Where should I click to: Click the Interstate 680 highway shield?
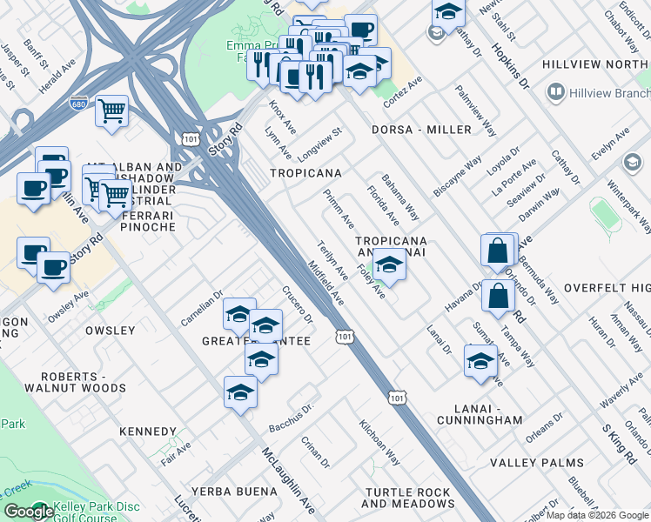(x=78, y=102)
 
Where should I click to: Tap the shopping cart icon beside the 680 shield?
(x=112, y=111)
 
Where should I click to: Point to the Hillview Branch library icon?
(x=554, y=92)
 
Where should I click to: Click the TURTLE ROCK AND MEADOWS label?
(x=407, y=498)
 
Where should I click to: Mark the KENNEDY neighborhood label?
(x=148, y=432)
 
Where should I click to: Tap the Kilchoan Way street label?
(x=380, y=443)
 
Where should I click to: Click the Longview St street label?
(x=320, y=141)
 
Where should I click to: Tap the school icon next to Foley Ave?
(x=389, y=266)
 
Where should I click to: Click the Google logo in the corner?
(x=29, y=512)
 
